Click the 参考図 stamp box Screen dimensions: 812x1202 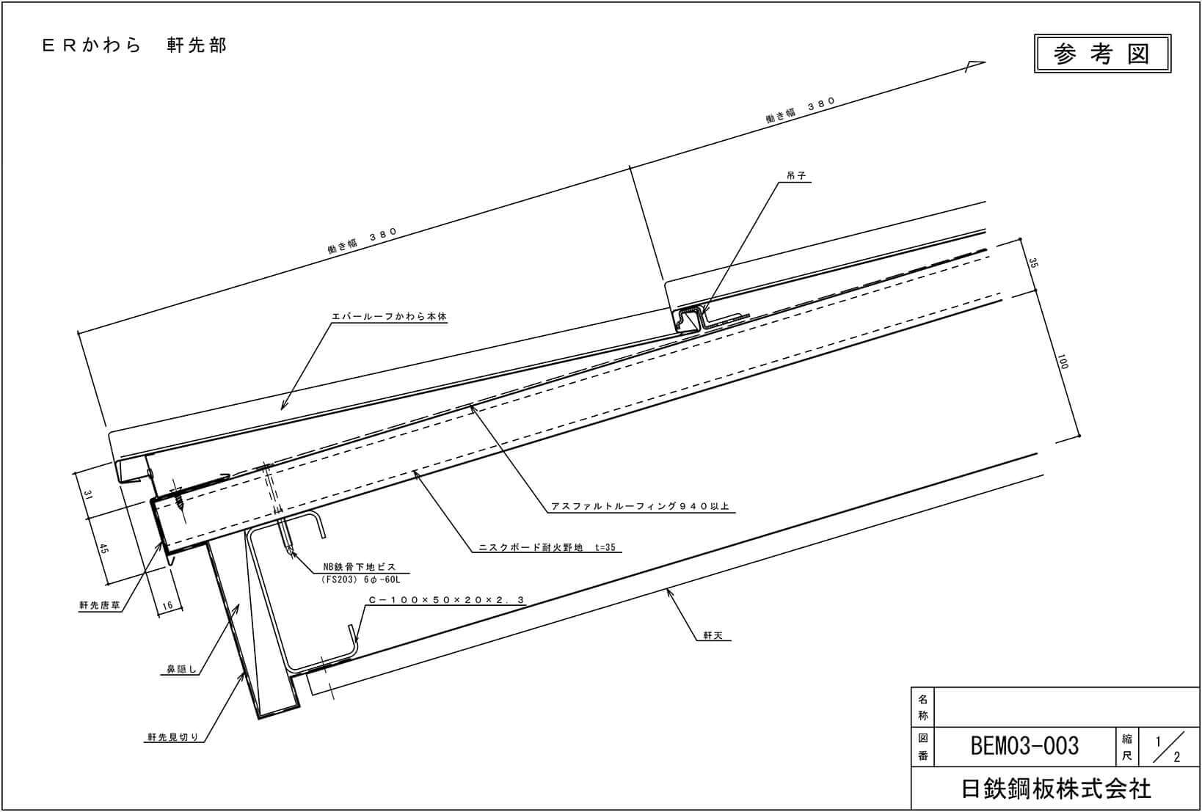click(x=1101, y=54)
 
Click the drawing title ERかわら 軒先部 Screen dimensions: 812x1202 click(x=134, y=45)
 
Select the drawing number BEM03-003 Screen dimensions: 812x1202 click(x=1024, y=746)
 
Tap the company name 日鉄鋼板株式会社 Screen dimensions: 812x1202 click(x=1056, y=789)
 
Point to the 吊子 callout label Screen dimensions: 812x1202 click(x=795, y=177)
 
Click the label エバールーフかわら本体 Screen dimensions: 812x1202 click(x=388, y=317)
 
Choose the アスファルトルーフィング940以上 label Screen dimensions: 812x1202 click(x=640, y=506)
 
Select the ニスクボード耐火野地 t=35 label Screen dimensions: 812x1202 click(x=547, y=547)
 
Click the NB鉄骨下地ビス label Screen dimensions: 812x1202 click(x=360, y=567)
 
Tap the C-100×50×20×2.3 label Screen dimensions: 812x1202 click(x=446, y=600)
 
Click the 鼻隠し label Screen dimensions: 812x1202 click(x=179, y=669)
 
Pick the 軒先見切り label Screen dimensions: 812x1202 click(x=172, y=738)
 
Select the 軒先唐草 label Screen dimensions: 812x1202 click(x=99, y=606)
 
